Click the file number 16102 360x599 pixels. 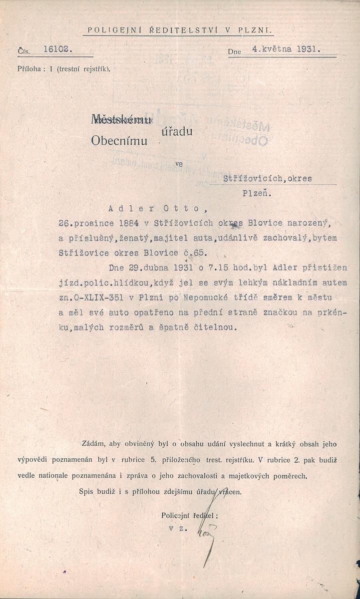[x=58, y=49]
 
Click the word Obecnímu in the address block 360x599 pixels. [x=120, y=141]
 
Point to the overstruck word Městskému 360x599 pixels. [x=121, y=119]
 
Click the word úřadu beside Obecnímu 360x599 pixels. [x=177, y=131]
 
